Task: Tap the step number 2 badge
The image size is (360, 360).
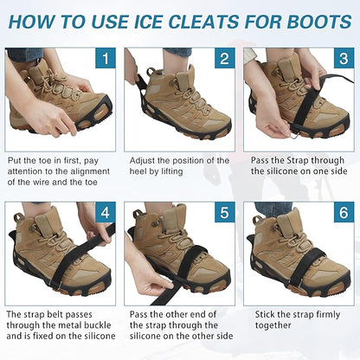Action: [x=223, y=60]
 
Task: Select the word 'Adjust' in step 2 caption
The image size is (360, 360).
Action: [x=145, y=161]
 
